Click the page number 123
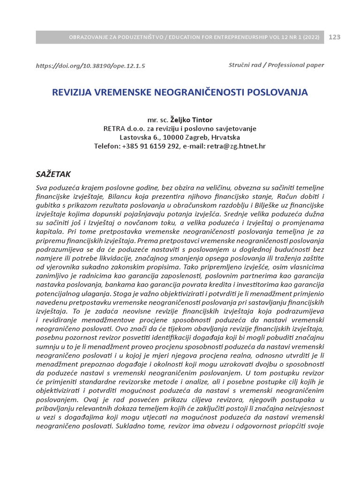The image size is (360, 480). (335, 37)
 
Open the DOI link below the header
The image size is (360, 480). (90, 66)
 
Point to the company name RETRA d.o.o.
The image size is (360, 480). (126, 129)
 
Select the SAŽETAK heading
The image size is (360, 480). (53, 174)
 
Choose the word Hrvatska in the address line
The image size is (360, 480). (226, 137)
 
